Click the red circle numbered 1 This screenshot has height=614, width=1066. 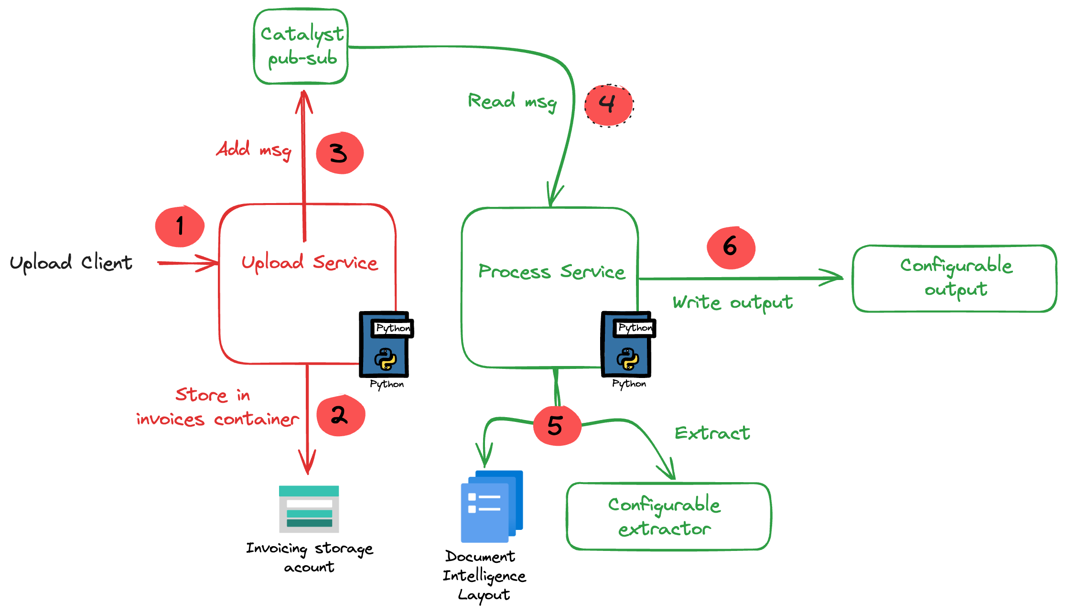coord(180,226)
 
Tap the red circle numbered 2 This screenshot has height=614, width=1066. coord(341,415)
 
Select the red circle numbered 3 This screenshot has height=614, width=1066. coord(340,153)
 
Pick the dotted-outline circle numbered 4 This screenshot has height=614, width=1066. coord(609,106)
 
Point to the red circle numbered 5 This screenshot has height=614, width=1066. coord(557,425)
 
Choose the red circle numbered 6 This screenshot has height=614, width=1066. coord(731,248)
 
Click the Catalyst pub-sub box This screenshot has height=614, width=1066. coord(301,47)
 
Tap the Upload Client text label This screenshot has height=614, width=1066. coord(71,263)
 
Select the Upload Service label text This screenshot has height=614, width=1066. coord(309,262)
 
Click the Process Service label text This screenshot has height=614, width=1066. coord(551,271)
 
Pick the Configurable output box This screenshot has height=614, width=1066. coord(955,279)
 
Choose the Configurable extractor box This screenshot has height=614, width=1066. coord(668,517)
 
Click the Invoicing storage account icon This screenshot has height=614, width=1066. coord(309,509)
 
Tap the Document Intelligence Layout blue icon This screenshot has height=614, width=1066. coord(491,506)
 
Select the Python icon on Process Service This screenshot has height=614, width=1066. coord(627,345)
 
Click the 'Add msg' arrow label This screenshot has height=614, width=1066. coord(253,150)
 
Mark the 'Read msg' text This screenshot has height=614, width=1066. coord(512,101)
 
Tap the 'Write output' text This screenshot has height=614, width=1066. coord(732,302)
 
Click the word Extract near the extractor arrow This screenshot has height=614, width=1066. coord(712,433)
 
